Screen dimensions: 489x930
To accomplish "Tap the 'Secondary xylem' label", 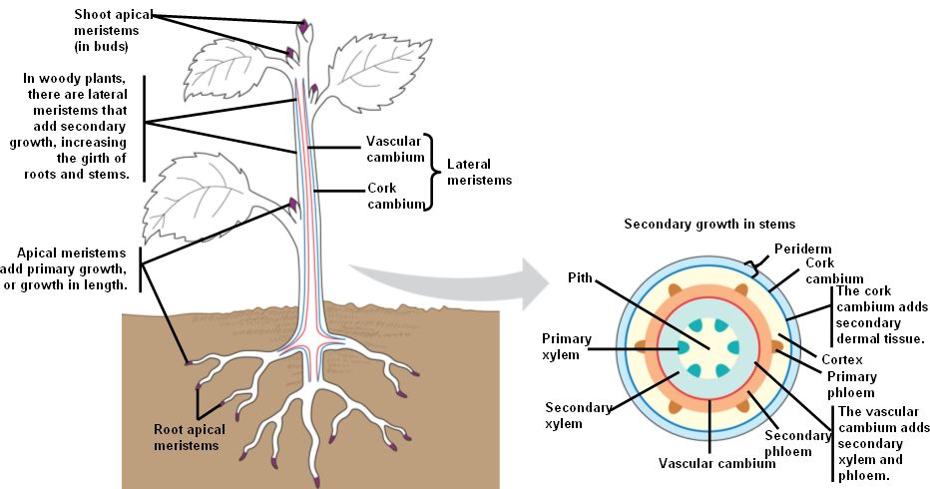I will pos(572,415).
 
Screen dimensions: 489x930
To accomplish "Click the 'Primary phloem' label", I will pos(851,384).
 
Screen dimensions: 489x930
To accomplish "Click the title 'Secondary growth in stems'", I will pos(709,225).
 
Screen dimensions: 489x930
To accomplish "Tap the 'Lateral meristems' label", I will pos(479,172).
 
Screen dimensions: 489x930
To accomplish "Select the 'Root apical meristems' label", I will pos(190,437).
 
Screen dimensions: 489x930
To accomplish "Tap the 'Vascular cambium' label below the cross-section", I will pos(706,463).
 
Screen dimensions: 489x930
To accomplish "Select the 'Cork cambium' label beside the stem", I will pos(382,195).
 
